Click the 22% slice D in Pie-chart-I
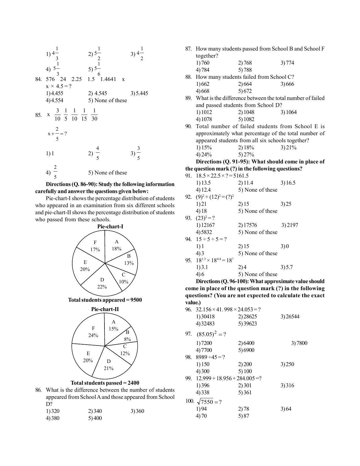102,282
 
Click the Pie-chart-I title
110,226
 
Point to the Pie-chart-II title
105,309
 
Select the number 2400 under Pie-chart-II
133,383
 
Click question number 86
38,390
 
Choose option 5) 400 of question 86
95,418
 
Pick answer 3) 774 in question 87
287,63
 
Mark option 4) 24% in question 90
204,154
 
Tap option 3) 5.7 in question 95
287,267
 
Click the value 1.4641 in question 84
108,79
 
